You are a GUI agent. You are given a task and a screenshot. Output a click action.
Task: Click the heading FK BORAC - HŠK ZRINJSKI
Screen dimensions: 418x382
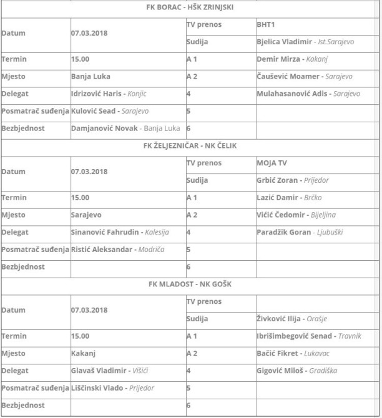coord(191,7)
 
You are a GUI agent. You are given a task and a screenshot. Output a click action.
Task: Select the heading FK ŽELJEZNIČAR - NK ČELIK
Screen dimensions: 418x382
coord(191,146)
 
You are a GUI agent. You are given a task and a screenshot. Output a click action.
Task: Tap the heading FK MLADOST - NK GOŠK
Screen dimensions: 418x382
coord(191,284)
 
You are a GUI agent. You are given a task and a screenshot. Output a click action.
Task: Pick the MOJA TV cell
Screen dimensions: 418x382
coord(273,163)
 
